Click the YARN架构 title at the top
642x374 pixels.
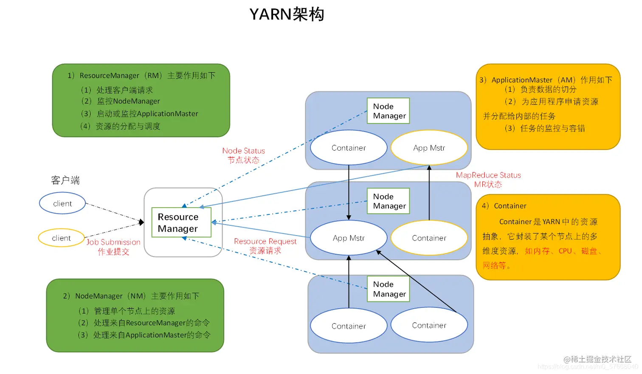point(287,14)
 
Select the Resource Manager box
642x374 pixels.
point(181,222)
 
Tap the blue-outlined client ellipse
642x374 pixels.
point(62,203)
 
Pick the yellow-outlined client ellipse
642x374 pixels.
point(61,238)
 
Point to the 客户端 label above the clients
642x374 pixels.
point(65,180)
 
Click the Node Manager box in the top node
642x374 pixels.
point(388,111)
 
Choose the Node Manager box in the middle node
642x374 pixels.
point(388,201)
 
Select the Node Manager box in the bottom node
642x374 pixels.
point(388,289)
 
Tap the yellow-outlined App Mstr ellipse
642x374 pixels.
point(429,148)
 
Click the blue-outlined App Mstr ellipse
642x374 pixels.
point(349,238)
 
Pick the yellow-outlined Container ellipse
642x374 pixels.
point(429,238)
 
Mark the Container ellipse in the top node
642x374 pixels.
point(349,148)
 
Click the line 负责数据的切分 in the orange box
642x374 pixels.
point(548,89)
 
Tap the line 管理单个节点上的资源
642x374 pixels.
point(134,311)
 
